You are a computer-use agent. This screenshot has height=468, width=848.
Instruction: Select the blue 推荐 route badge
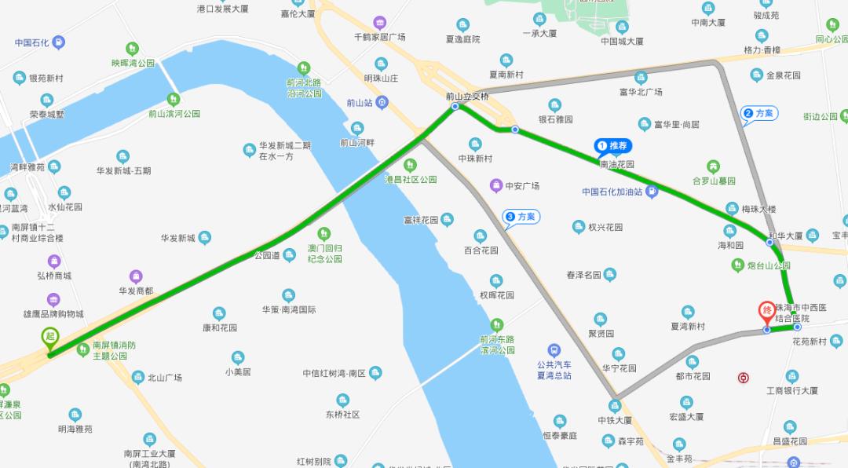(x=613, y=145)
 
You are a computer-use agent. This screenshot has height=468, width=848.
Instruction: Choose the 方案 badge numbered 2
(x=758, y=114)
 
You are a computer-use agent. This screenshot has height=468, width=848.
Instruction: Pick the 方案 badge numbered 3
(x=521, y=217)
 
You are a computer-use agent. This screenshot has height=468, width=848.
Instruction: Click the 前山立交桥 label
(x=467, y=97)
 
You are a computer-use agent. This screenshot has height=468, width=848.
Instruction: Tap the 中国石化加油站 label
(x=612, y=192)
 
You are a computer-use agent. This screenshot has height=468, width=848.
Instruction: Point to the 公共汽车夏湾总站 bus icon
(x=554, y=350)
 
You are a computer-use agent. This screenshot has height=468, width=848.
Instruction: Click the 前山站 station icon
(x=382, y=102)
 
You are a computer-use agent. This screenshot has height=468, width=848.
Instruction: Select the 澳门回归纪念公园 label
(x=324, y=253)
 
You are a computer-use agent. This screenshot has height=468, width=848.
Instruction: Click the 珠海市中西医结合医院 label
(x=798, y=313)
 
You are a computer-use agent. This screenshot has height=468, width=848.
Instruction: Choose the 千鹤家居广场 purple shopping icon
(x=380, y=22)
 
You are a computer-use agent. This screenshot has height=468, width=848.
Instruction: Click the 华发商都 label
(x=136, y=291)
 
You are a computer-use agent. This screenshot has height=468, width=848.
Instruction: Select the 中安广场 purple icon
(x=495, y=186)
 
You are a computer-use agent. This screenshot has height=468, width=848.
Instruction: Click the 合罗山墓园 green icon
(x=713, y=166)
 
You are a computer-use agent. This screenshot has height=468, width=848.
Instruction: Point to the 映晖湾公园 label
(x=133, y=63)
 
